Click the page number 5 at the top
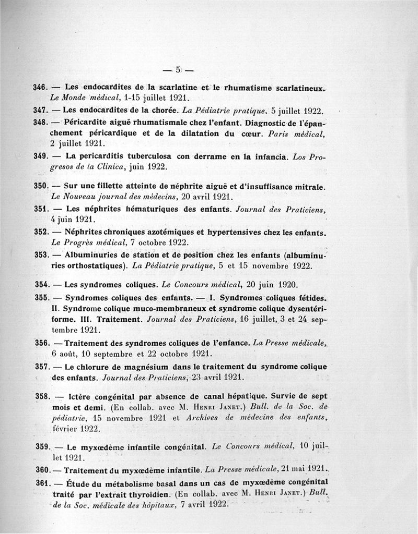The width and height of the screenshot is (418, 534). point(178,70)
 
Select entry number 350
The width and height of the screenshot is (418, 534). point(41,186)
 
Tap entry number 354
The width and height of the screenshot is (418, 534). point(41,285)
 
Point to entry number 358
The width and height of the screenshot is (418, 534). point(41,397)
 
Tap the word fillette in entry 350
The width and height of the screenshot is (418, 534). point(123,186)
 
